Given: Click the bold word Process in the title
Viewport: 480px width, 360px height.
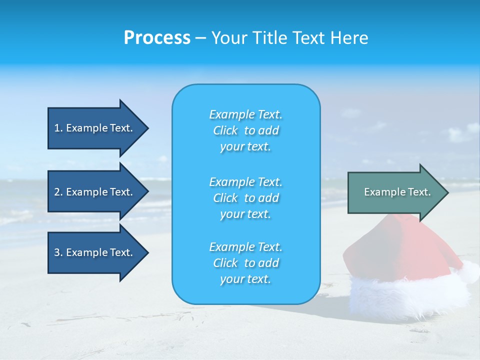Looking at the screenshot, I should (157, 38).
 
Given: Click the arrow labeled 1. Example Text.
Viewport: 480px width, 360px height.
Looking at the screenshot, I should (95, 128).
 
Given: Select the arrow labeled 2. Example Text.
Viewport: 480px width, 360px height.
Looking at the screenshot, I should (95, 192).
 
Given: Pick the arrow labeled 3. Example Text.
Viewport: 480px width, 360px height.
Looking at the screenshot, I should (95, 252).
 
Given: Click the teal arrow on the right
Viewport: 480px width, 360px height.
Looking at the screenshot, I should (395, 192).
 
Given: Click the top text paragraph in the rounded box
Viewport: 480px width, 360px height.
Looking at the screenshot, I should (245, 130).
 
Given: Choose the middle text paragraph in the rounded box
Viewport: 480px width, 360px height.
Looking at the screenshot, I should (245, 198).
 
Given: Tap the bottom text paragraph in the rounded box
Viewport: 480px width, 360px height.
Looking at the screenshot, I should (245, 263).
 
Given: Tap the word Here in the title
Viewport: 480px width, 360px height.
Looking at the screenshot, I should (349, 38).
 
